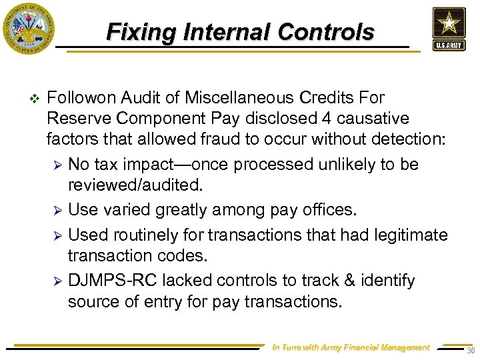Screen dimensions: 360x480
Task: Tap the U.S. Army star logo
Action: click(x=448, y=29)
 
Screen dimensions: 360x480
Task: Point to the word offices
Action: click(x=330, y=210)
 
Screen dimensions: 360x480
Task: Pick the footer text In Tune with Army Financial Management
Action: click(x=351, y=347)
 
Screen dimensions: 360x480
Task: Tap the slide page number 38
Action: click(x=471, y=351)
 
